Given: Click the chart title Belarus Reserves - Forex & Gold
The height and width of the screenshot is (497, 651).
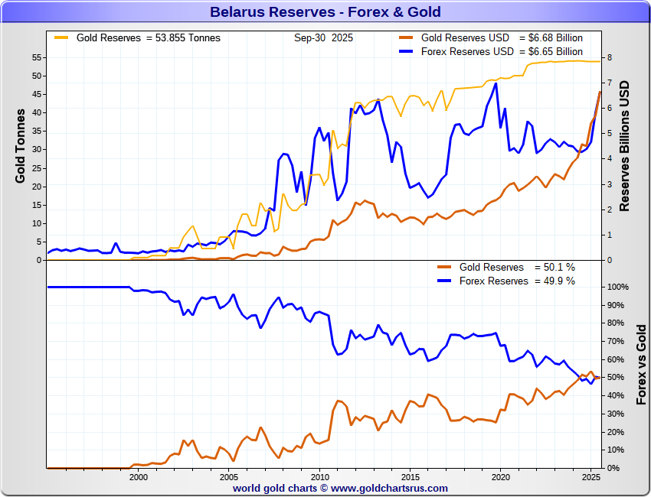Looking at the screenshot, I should (x=325, y=12).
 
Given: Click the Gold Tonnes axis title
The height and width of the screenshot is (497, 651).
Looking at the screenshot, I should (x=21, y=145).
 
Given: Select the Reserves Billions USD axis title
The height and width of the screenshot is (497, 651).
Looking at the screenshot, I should (x=625, y=145).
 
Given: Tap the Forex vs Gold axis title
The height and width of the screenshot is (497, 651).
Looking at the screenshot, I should (x=641, y=364).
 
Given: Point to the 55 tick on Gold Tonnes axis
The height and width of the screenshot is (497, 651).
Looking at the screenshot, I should (x=36, y=57).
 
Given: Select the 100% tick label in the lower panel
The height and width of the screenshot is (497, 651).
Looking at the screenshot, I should (x=617, y=287).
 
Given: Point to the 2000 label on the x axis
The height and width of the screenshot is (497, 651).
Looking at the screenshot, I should (x=138, y=477).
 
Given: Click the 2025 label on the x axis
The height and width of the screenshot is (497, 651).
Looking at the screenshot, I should (x=590, y=477).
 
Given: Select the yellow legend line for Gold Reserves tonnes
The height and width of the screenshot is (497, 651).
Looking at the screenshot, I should (x=61, y=37).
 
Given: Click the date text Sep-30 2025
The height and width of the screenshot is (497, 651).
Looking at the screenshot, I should (x=322, y=37).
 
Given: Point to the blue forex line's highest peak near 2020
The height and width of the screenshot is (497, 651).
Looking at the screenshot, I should (x=496, y=83).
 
